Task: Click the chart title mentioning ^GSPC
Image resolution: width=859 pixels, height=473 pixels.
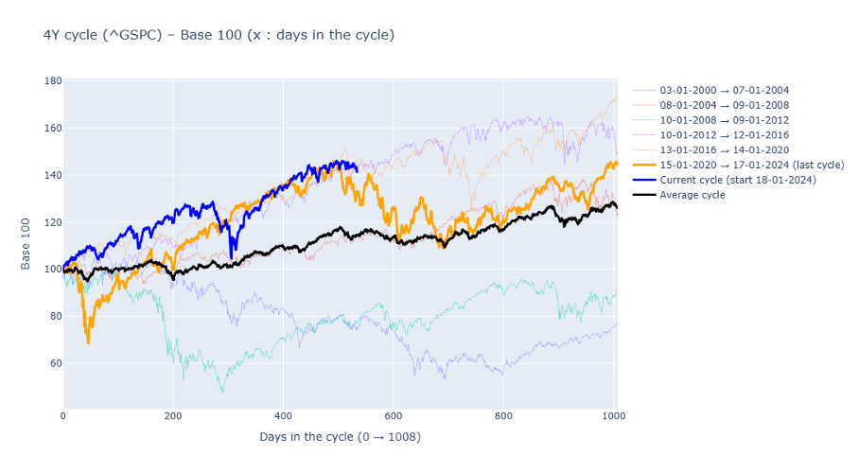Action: click(219, 35)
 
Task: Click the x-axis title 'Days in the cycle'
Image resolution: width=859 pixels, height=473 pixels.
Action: click(340, 437)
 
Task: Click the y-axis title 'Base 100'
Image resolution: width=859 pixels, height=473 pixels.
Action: click(26, 245)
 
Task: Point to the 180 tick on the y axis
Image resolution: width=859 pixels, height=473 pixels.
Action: click(53, 81)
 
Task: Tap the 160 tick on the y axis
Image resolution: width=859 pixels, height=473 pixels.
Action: click(53, 128)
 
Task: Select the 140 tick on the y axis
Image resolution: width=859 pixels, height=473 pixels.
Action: click(53, 175)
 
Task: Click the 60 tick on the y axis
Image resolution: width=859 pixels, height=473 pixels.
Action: click(53, 363)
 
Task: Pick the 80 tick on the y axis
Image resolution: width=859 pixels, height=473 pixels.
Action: click(53, 316)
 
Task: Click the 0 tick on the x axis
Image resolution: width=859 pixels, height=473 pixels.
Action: click(63, 415)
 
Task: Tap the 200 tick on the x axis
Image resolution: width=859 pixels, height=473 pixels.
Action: click(173, 415)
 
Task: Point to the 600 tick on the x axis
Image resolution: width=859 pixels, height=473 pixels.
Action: click(394, 415)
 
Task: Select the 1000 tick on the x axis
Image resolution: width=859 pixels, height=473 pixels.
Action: click(613, 415)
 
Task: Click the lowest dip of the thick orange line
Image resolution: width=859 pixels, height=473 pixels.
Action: click(88, 342)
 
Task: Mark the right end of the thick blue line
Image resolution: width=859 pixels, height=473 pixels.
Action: click(357, 170)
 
